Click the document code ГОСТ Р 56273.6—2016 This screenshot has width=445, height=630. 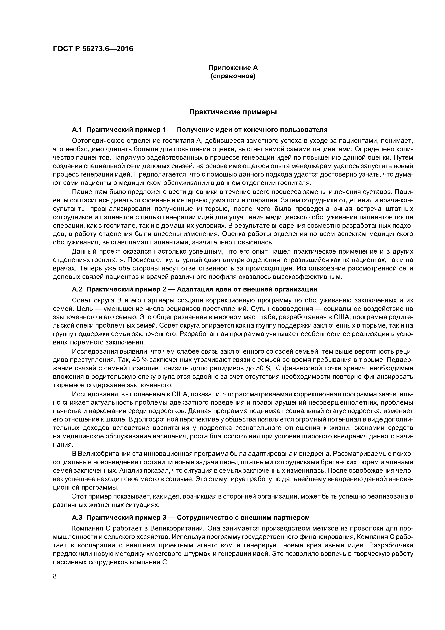click(93, 49)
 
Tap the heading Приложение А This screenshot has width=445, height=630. click(233, 68)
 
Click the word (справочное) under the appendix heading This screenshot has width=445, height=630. click(233, 76)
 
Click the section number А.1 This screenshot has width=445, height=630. click(77, 129)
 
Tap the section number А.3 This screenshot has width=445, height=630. click(77, 518)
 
